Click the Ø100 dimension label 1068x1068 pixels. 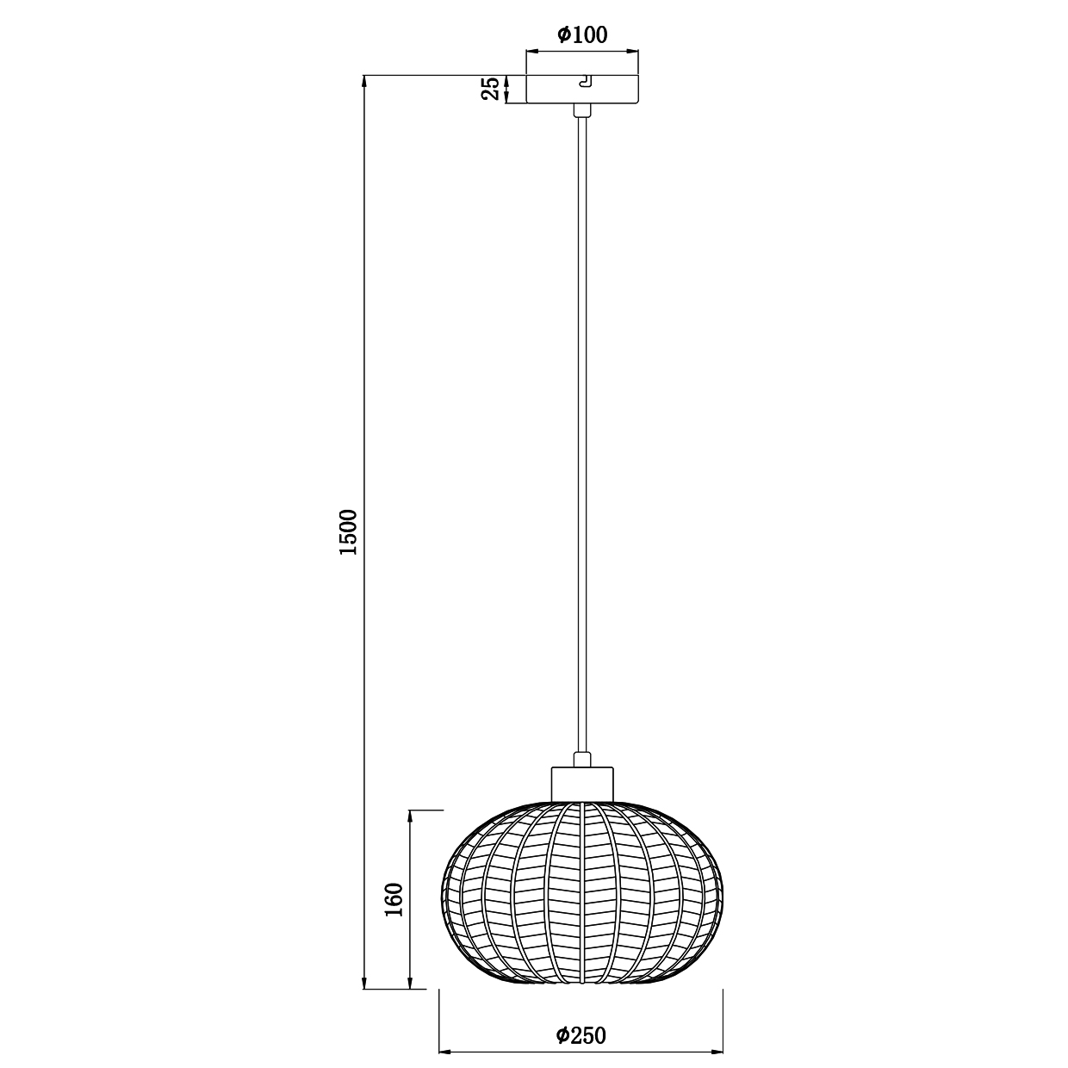tap(582, 35)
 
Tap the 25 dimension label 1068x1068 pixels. tap(490, 89)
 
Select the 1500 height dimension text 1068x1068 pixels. tap(349, 532)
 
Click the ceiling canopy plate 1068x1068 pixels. tap(582, 89)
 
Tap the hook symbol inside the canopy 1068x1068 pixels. tap(586, 82)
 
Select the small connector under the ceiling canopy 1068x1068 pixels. tap(582, 110)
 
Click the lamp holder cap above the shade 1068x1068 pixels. tap(582, 784)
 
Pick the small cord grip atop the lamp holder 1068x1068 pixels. tap(582, 760)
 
